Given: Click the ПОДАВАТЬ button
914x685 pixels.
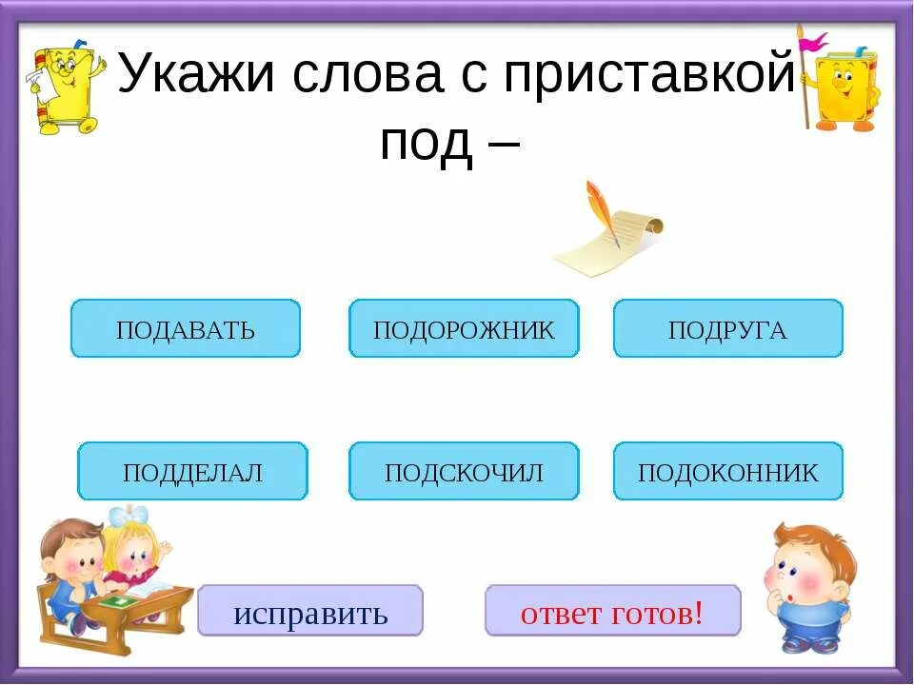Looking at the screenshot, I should click(x=186, y=329).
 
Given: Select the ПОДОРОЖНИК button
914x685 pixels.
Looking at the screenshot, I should click(x=464, y=329).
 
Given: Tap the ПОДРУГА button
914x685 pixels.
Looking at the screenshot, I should click(x=728, y=329).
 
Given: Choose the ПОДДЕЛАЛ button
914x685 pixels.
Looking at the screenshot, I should click(x=192, y=472).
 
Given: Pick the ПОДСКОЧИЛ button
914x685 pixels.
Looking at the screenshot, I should click(x=464, y=472).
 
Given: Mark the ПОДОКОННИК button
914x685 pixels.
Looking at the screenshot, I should click(x=728, y=472).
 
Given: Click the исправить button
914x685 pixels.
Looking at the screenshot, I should click(x=310, y=611).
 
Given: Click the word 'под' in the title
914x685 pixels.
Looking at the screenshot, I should click(x=426, y=143).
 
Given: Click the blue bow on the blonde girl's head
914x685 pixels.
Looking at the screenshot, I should click(x=129, y=517).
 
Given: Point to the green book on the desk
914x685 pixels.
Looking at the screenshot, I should click(x=118, y=601).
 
